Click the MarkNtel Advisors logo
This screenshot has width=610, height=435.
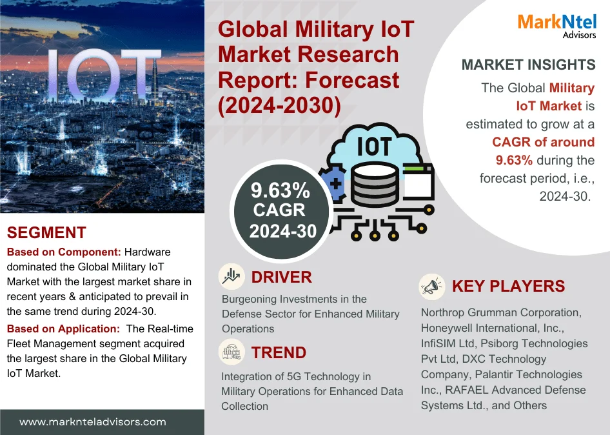pos(556,26)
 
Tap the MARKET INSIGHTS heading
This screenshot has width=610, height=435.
pos(528,65)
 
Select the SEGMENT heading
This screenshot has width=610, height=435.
pos(46,232)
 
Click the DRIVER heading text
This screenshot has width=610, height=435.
pos(281,278)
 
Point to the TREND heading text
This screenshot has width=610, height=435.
pos(279,353)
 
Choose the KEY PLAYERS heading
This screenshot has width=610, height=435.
pos(508,287)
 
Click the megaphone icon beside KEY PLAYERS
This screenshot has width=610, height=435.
pos(432,287)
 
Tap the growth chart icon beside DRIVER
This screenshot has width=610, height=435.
pos(231,276)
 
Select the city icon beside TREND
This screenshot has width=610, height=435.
pos(231,352)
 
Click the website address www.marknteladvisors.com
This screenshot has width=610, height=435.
pos(93,422)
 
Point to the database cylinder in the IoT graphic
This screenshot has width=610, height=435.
pos(375,184)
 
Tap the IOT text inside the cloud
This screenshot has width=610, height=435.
pos(374,147)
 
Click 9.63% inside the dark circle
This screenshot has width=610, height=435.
pos(280,190)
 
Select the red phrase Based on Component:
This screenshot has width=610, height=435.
pos(64,252)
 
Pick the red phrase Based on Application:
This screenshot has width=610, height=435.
pos(63,329)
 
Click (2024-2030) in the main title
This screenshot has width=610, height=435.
pos(279,105)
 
